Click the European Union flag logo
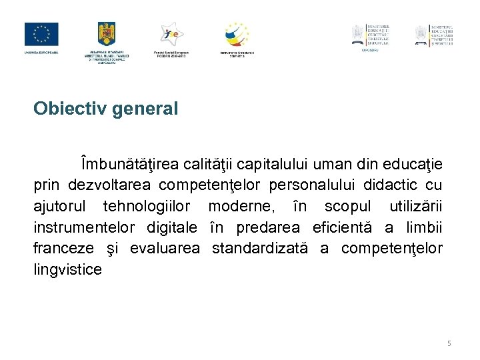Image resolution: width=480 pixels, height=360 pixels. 41,34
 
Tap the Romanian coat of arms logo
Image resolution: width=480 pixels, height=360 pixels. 107,34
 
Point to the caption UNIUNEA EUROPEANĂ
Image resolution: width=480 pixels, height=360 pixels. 41,52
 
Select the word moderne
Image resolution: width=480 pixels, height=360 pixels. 235,206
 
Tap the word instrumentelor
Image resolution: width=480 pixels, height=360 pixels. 84,227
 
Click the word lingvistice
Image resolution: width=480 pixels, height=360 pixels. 68,270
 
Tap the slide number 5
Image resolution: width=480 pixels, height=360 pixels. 449,343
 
